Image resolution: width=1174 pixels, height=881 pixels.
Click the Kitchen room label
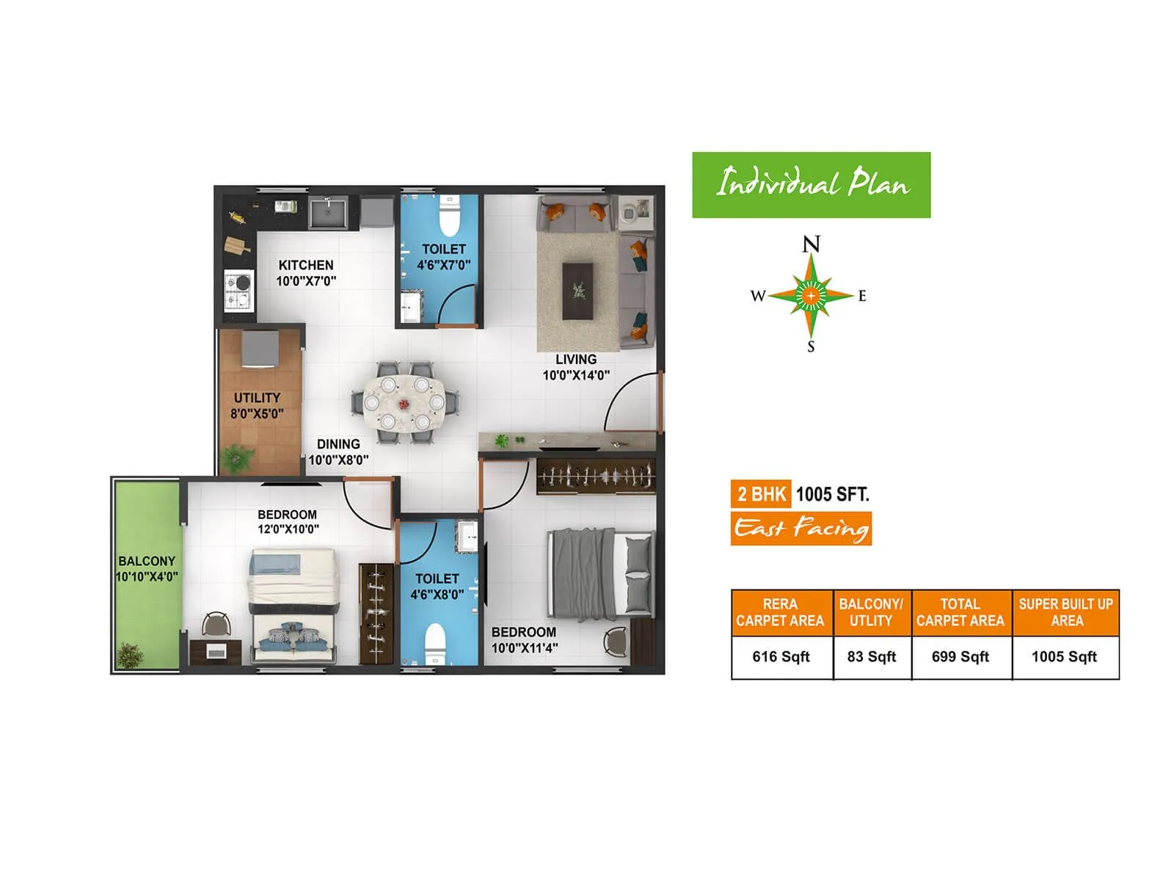click(x=306, y=265)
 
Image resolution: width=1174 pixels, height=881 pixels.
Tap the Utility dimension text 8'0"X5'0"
click(x=257, y=414)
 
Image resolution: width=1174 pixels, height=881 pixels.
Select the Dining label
click(x=338, y=444)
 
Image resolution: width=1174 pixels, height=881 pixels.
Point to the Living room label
click(x=576, y=360)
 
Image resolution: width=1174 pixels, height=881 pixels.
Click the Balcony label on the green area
click(x=147, y=561)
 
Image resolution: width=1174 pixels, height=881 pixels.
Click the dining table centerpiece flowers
click(x=404, y=405)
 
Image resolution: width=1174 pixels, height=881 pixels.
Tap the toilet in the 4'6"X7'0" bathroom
click(x=448, y=216)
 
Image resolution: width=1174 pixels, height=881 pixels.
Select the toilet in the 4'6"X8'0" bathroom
click(x=436, y=642)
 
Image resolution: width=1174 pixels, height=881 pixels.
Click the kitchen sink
click(x=329, y=213)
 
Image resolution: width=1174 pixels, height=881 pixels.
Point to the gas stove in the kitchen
click(x=238, y=290)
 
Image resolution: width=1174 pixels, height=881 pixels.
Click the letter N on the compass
click(x=811, y=244)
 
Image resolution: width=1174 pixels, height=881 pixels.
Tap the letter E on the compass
click(x=862, y=296)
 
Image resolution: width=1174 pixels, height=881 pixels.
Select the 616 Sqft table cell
click(x=781, y=657)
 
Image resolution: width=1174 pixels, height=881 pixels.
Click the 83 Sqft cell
click(x=872, y=657)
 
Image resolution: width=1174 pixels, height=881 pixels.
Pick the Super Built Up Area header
click(x=1065, y=612)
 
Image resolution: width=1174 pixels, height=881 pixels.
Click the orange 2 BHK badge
click(x=761, y=494)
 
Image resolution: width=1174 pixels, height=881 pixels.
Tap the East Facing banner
click(x=801, y=529)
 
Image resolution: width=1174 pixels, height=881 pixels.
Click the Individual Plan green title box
click(x=812, y=185)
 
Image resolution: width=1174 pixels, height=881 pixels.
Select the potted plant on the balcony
click(x=131, y=655)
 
